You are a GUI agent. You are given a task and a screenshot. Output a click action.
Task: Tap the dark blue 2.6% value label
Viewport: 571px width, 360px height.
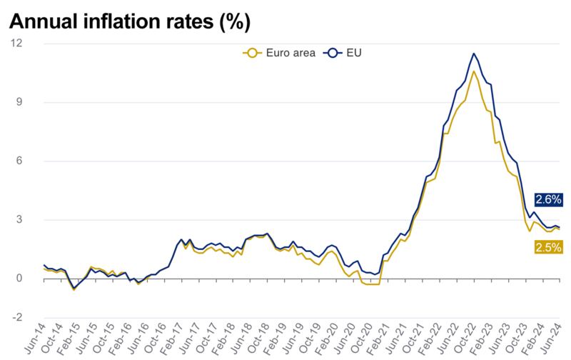point(548,199)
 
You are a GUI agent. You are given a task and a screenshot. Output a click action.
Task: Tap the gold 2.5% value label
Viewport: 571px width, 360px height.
point(548,247)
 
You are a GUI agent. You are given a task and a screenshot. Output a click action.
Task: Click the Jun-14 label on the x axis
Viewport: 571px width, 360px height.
point(35,339)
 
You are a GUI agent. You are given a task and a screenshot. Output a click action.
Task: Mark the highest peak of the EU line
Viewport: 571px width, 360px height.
point(474,54)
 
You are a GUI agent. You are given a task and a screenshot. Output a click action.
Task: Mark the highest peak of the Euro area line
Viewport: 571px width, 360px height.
point(474,71)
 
